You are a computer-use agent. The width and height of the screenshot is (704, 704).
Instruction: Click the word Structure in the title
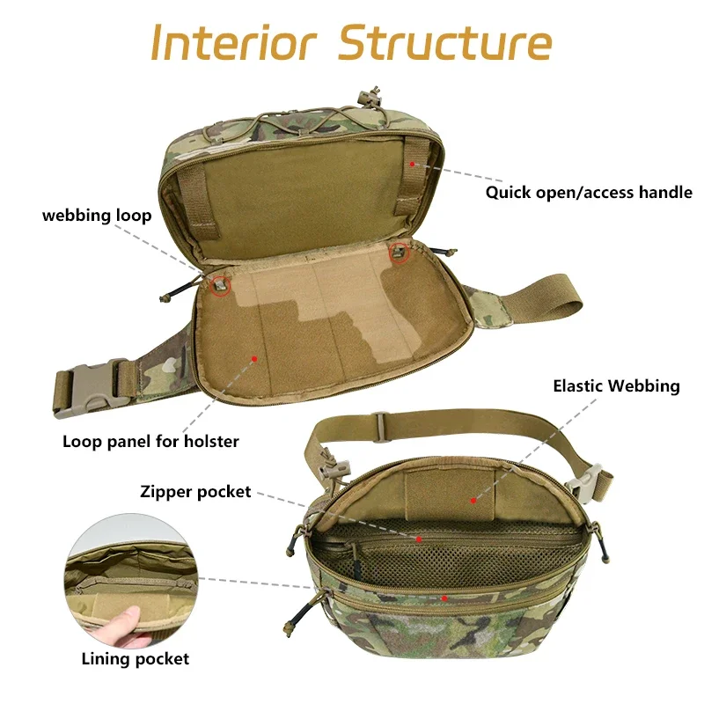point(445,42)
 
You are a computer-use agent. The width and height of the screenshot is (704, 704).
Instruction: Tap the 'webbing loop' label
point(97,216)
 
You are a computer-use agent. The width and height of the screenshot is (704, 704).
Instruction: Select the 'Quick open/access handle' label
point(589,192)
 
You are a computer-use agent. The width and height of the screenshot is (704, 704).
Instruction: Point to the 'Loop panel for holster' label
point(150,441)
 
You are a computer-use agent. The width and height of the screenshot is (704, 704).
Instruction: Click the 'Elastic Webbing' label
point(616,385)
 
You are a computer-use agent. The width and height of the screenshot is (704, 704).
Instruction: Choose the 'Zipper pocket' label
point(195,492)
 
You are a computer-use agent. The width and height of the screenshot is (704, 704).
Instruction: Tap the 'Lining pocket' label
point(136,658)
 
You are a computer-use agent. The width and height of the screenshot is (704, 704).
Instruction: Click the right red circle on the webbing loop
point(400,253)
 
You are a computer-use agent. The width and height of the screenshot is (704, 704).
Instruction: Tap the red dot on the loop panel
point(254,358)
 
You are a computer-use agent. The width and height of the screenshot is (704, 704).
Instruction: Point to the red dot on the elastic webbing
point(473,501)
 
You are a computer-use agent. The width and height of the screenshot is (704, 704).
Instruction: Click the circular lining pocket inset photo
point(131,581)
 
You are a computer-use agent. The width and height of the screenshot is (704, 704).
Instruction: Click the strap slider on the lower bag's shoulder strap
point(380,422)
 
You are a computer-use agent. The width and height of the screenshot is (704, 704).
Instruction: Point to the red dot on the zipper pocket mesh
point(419,539)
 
